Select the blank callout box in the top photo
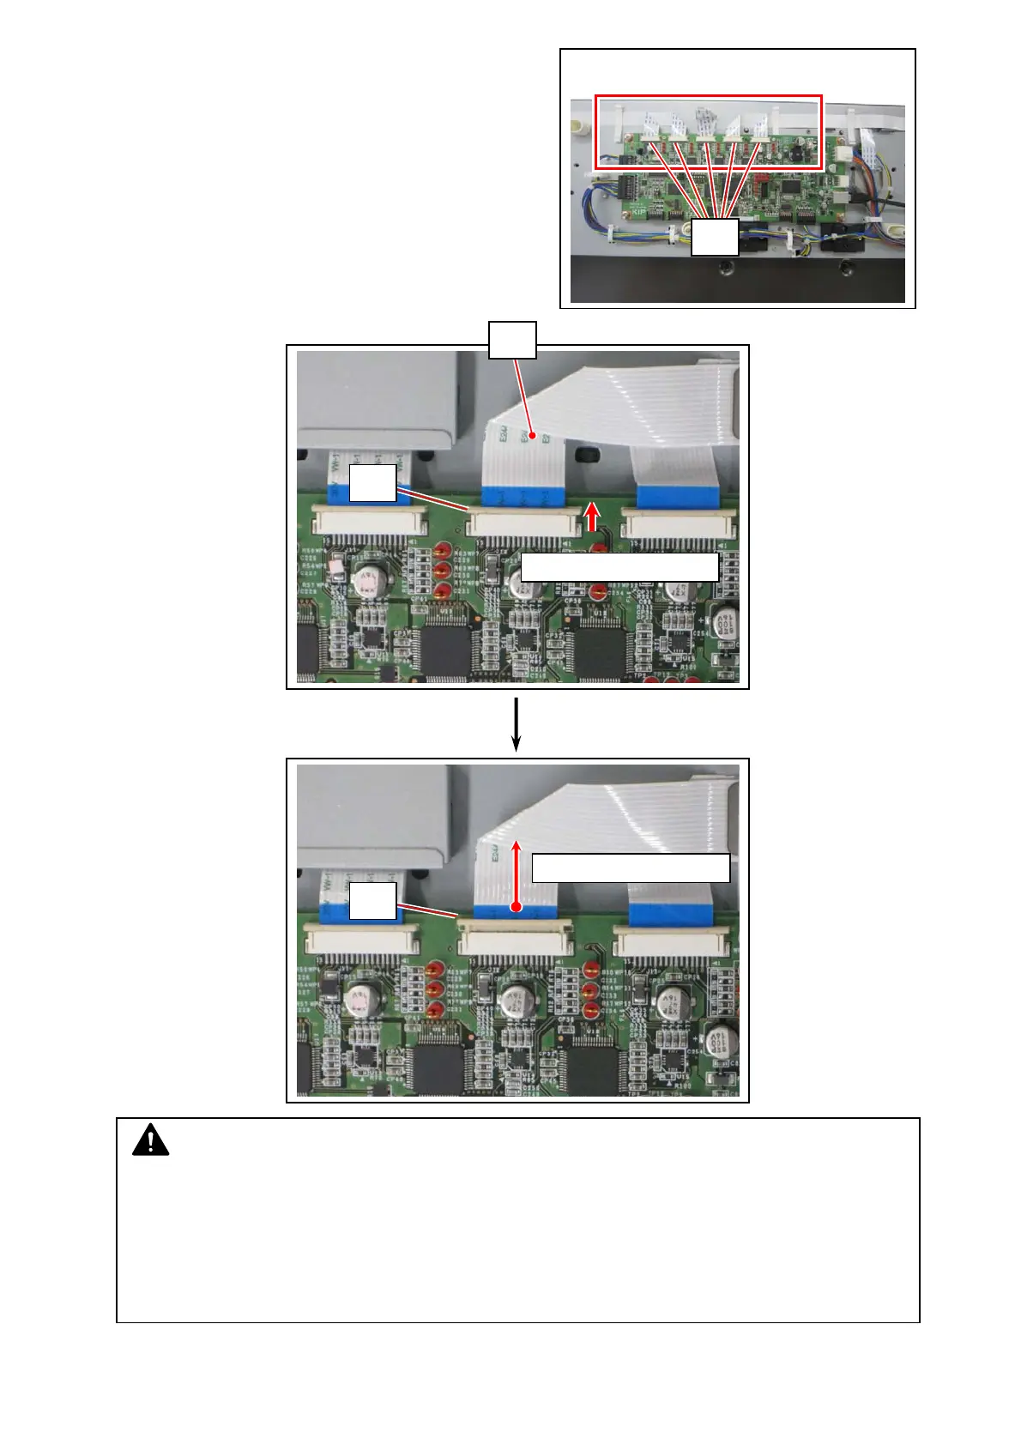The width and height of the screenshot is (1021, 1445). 715,237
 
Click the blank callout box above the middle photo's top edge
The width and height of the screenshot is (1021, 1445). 512,340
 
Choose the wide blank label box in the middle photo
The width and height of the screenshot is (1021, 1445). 619,567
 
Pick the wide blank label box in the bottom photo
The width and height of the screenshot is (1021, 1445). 631,868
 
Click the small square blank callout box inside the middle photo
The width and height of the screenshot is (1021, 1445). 372,483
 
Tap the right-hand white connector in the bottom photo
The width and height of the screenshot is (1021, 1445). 671,942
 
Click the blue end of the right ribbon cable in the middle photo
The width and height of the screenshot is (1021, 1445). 677,495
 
